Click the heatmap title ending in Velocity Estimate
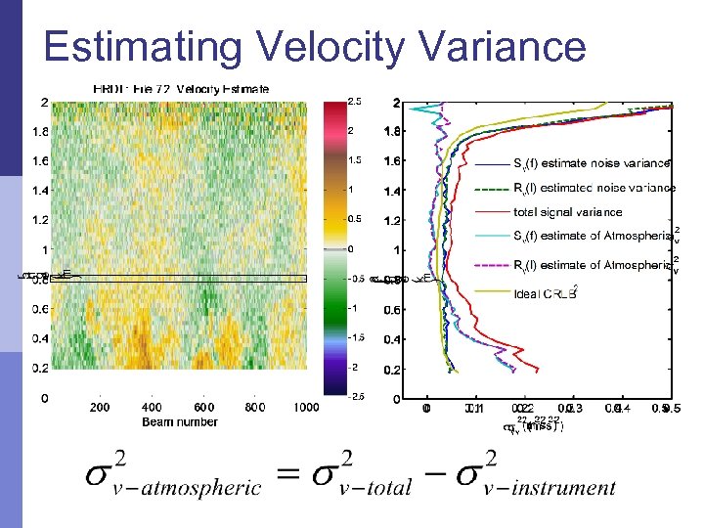point(182,89)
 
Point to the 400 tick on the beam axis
point(151,408)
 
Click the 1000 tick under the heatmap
point(306,408)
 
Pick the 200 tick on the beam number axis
point(99,408)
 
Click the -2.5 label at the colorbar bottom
point(359,396)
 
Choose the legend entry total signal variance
point(567,212)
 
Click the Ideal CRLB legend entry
point(548,293)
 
